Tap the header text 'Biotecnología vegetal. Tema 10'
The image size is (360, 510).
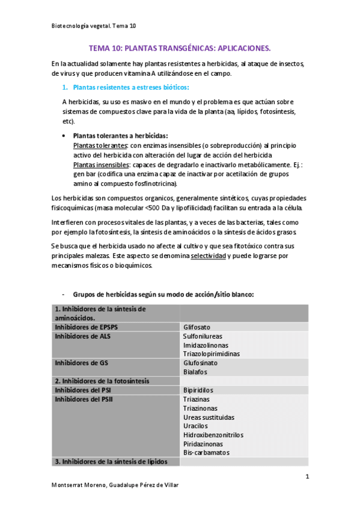click(x=94, y=26)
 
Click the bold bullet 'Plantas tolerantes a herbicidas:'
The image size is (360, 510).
click(x=120, y=135)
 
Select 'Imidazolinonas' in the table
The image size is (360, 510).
click(x=206, y=345)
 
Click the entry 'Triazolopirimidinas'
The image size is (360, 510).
click(x=212, y=354)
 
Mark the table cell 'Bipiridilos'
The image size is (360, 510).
click(x=198, y=390)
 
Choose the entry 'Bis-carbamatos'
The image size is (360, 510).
click(x=206, y=452)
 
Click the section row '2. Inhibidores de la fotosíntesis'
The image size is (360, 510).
click(x=102, y=381)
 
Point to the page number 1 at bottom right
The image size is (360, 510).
click(x=307, y=477)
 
